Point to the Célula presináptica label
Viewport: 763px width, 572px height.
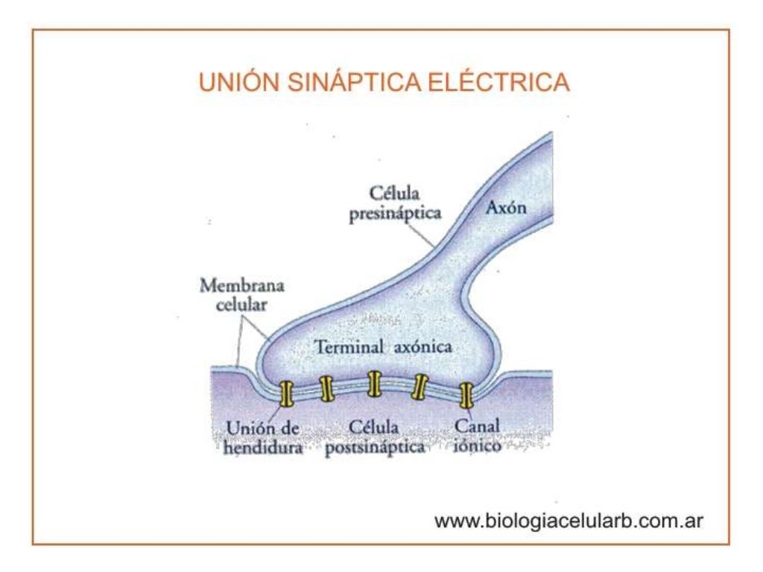tap(406, 203)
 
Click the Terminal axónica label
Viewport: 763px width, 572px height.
tap(384, 347)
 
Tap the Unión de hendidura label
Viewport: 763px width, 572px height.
tap(262, 439)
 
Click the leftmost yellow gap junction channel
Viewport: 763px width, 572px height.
tap(286, 393)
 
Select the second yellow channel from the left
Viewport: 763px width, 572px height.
tap(326, 388)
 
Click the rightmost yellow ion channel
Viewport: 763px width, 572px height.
tap(467, 394)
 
